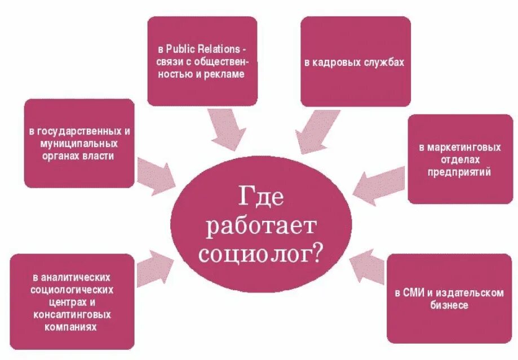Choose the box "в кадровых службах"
355,62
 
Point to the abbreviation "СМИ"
412,293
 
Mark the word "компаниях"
72,326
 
